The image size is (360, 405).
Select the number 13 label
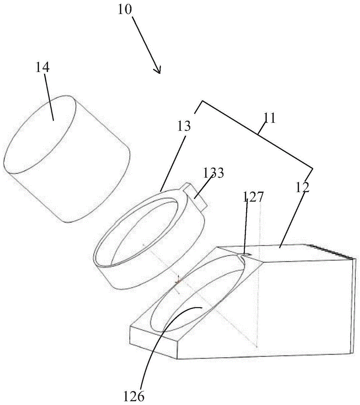(184, 127)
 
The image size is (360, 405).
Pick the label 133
(213, 173)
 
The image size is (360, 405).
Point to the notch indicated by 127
(243, 258)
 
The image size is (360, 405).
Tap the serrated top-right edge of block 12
(332, 251)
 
